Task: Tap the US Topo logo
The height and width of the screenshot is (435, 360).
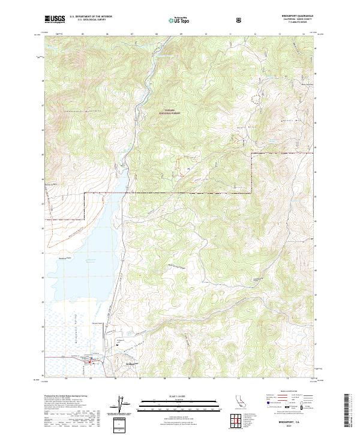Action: (x=178, y=20)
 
